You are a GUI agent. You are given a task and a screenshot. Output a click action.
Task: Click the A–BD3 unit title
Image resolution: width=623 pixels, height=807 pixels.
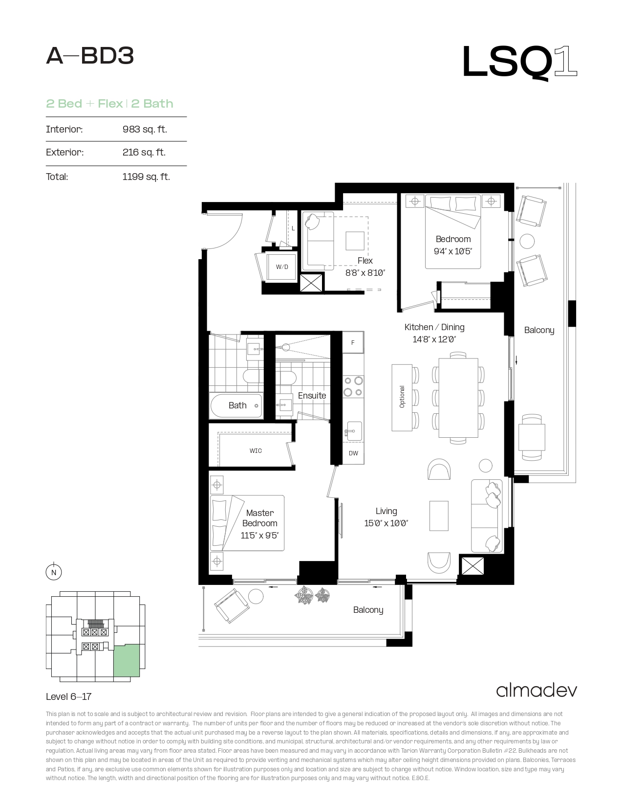90,56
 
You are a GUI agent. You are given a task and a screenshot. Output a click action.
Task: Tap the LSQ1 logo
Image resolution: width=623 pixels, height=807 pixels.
519,63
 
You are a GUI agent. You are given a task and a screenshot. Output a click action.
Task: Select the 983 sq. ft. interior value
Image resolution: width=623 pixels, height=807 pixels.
145,129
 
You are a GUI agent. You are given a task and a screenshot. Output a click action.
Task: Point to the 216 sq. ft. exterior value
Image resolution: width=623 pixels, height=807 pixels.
144,152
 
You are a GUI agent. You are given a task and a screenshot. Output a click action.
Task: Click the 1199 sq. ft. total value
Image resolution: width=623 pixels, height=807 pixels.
146,177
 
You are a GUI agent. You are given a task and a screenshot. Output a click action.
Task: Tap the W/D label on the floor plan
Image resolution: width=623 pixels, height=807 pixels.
282,267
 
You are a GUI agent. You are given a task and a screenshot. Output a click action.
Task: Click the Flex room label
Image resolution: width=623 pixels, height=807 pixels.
365,261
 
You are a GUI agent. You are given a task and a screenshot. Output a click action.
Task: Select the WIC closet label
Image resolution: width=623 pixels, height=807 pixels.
256,451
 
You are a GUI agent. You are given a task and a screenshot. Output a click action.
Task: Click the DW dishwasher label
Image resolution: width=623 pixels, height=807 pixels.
353,453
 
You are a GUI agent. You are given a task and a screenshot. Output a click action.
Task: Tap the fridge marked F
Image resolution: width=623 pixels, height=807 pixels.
353,342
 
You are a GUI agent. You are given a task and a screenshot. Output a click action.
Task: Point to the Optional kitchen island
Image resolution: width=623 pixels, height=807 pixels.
402,398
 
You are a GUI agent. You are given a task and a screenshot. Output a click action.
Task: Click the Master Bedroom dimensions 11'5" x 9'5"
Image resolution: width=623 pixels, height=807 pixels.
259,536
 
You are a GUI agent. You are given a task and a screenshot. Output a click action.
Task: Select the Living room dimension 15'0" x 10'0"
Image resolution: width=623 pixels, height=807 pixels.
386,523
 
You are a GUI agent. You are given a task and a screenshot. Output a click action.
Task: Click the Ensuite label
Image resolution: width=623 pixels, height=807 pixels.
312,396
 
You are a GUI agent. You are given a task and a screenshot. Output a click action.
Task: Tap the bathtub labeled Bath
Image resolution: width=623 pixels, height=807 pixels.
236,406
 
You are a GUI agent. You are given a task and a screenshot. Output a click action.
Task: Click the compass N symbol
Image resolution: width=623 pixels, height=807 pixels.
54,572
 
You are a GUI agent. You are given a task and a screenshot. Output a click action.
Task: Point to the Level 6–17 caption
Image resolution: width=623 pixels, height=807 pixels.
68,696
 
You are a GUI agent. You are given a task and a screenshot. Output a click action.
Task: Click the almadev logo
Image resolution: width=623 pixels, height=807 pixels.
537,691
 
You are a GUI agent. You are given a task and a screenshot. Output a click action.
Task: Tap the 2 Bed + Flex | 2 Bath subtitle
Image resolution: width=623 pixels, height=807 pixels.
109,104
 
